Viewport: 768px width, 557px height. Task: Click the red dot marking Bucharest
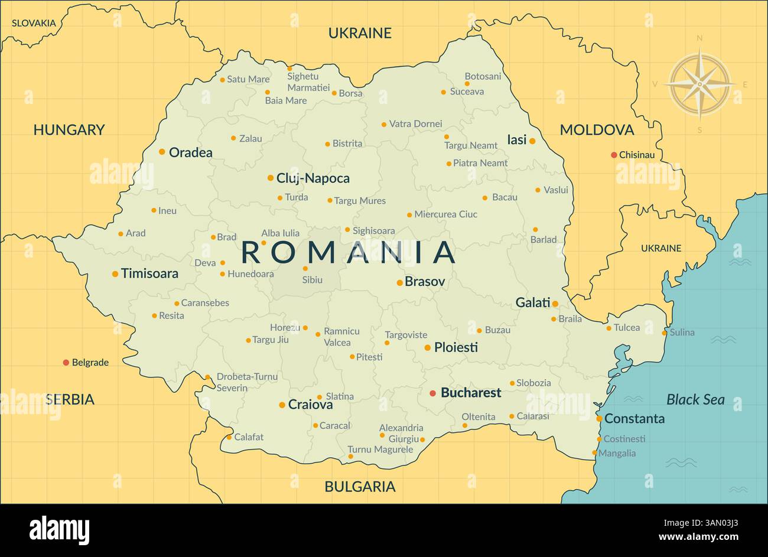[x=432, y=393]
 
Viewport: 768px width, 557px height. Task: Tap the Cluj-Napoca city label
[x=313, y=178]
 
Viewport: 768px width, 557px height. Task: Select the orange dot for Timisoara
[x=115, y=273]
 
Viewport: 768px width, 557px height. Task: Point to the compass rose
[x=699, y=84]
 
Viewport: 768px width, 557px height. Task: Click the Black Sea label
[x=695, y=400]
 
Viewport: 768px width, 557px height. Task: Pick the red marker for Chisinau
[x=614, y=155]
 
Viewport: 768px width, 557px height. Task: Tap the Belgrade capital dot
[x=66, y=362]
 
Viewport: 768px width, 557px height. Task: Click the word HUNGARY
[x=69, y=130]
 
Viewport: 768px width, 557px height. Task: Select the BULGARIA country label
[x=360, y=487]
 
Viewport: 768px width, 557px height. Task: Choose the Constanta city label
[x=634, y=419]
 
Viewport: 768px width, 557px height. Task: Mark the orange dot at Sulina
[x=664, y=333]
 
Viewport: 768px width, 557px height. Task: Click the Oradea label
[x=190, y=152]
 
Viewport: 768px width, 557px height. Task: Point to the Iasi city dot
[x=532, y=141]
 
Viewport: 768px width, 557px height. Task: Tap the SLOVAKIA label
[x=34, y=23]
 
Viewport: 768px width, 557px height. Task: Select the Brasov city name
[x=425, y=282]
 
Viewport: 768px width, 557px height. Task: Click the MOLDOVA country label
[x=597, y=130]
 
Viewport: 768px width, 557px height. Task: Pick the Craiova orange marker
[x=282, y=405]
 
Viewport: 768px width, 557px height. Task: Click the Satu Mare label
[x=248, y=79]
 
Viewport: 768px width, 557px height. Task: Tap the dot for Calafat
[x=229, y=437]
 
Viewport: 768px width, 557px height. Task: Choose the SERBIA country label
[x=70, y=400]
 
